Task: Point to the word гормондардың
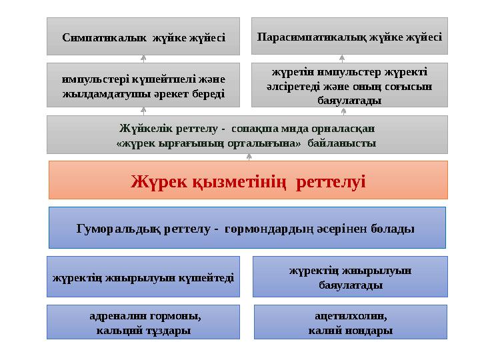pos(275,229)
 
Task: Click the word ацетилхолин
pos(350,317)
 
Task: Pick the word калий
pos(324,330)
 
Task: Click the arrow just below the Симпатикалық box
pos(143,59)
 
